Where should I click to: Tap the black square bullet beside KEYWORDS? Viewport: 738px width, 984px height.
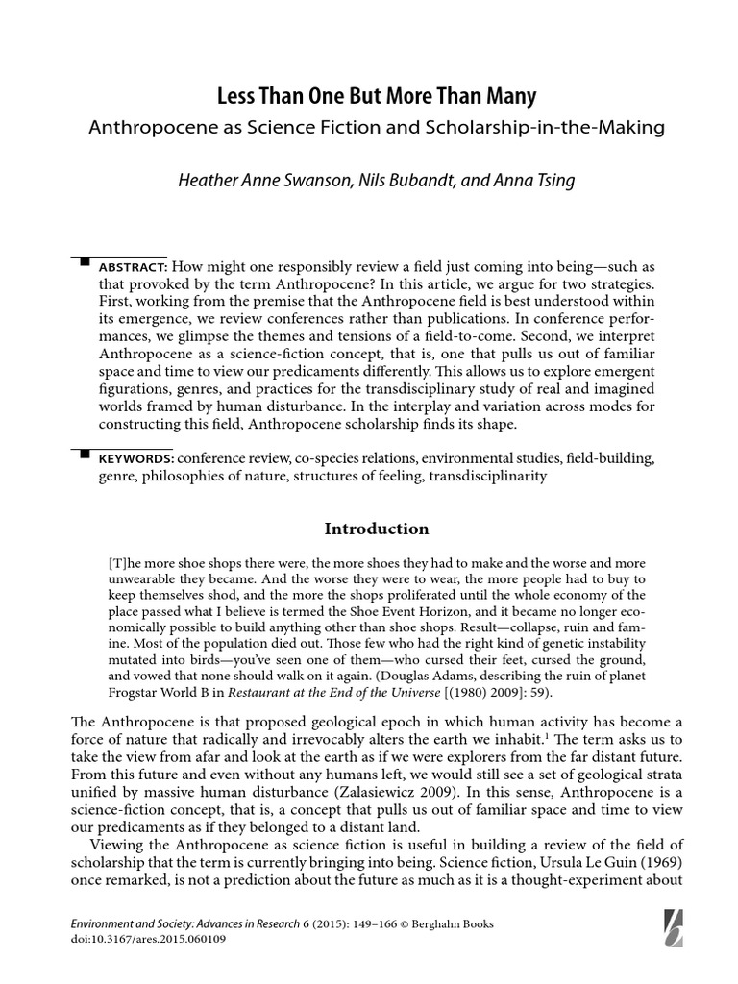(84, 453)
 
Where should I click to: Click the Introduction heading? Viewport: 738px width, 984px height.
(376, 529)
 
